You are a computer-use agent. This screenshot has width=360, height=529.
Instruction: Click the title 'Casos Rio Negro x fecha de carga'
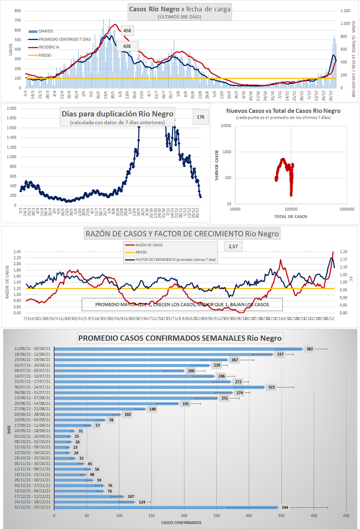click(x=180, y=9)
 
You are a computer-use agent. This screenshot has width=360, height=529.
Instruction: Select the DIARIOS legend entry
click(x=45, y=31)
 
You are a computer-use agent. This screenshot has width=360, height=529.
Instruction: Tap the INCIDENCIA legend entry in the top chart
click(x=49, y=47)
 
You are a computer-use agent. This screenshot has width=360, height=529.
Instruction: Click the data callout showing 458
click(x=127, y=31)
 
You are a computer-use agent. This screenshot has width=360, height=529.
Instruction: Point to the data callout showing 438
click(x=127, y=46)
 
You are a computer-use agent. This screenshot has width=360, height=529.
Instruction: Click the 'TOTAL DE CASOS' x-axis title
click(x=291, y=216)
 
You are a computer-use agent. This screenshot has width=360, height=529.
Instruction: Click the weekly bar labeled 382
click(x=178, y=349)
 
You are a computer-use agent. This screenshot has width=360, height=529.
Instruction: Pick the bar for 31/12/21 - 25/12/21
click(x=165, y=508)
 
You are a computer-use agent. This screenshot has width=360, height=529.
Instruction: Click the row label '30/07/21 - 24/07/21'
click(x=32, y=387)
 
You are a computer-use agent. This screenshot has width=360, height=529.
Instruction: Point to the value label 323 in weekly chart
click(x=272, y=387)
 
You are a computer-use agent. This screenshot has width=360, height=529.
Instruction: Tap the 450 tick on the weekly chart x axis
click(x=347, y=514)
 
